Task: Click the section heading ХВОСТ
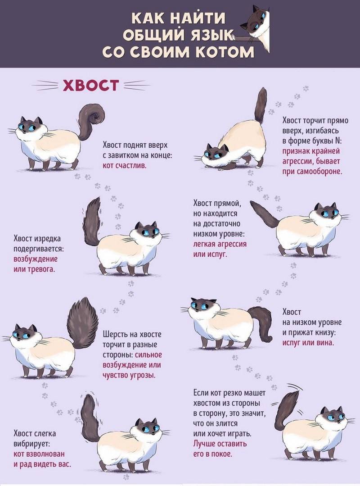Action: tap(91, 85)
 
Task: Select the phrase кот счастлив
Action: tap(125, 165)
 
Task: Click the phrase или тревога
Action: tap(34, 269)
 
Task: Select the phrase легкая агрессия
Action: tap(220, 244)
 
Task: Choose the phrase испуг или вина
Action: tap(308, 343)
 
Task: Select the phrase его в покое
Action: tap(212, 454)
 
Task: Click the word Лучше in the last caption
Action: tap(205, 444)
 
